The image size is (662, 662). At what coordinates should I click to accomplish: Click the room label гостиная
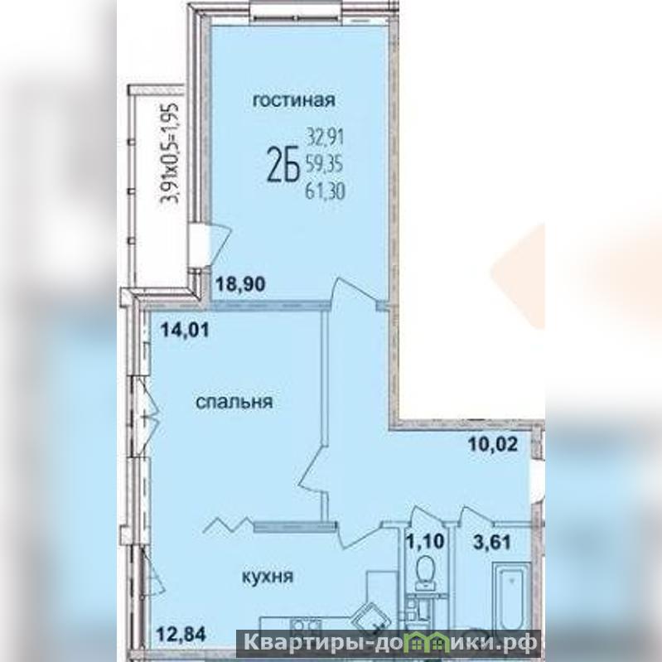(293, 100)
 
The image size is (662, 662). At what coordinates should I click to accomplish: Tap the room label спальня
(234, 402)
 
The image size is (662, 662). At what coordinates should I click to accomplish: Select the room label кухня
(268, 577)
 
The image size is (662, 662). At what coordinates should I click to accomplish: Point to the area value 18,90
(240, 284)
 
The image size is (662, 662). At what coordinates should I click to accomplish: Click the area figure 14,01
(185, 330)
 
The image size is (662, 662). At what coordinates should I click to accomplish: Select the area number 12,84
(181, 633)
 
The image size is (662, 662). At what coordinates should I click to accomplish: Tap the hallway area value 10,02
(493, 444)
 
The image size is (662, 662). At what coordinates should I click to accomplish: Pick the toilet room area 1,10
(426, 541)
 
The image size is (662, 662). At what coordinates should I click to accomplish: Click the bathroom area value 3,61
(492, 542)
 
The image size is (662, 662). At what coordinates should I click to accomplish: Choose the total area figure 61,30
(325, 191)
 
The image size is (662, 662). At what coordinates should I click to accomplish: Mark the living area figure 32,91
(325, 138)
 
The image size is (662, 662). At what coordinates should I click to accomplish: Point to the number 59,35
(324, 165)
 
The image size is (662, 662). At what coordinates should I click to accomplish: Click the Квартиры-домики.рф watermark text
(390, 645)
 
